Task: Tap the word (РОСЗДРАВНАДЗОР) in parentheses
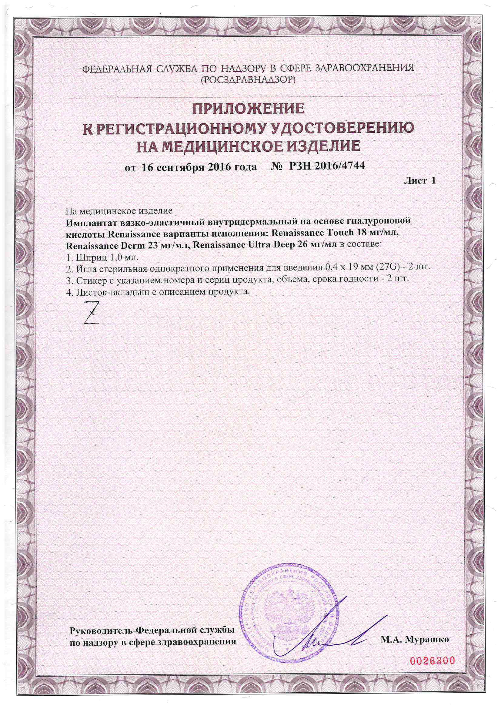[x=248, y=81]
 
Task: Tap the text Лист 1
[x=419, y=181]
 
